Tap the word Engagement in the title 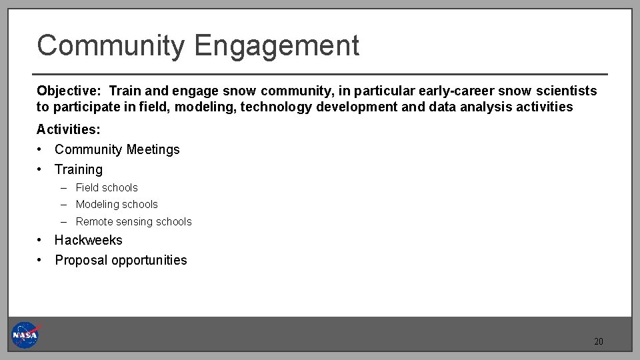coord(277,46)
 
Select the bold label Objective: coord(70,91)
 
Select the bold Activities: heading coord(68,129)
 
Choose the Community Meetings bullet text coord(117,149)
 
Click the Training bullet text coord(79,169)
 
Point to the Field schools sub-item coord(107,188)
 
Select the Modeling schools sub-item coord(117,205)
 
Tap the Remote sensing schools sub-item coord(133,222)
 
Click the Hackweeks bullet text coord(89,240)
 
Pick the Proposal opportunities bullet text coord(121,260)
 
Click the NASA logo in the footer coord(25,335)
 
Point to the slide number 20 coord(598,341)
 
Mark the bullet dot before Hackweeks coord(41,240)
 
